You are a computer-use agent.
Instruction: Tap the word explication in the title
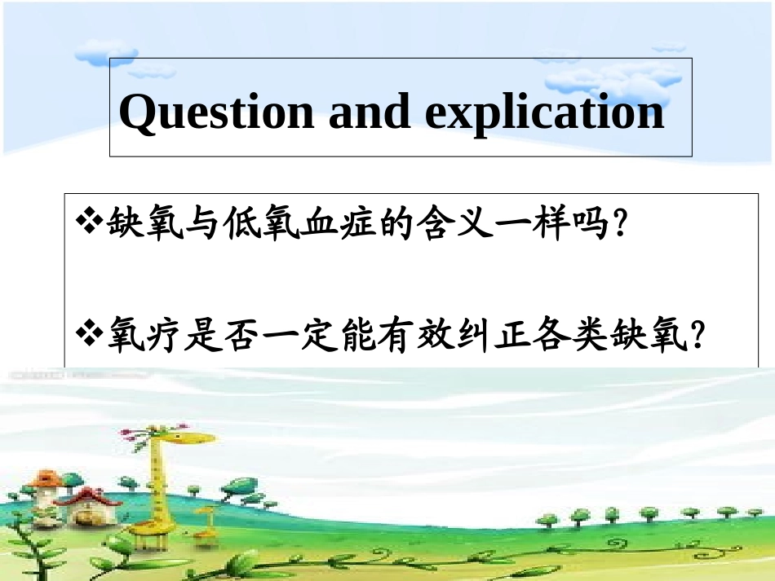tap(544, 112)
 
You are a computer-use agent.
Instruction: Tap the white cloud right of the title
tap(600, 77)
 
